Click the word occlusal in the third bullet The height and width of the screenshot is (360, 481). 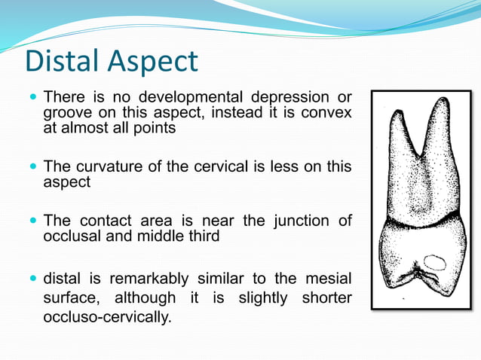coord(73,236)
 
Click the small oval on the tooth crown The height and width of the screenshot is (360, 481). coord(436,262)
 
